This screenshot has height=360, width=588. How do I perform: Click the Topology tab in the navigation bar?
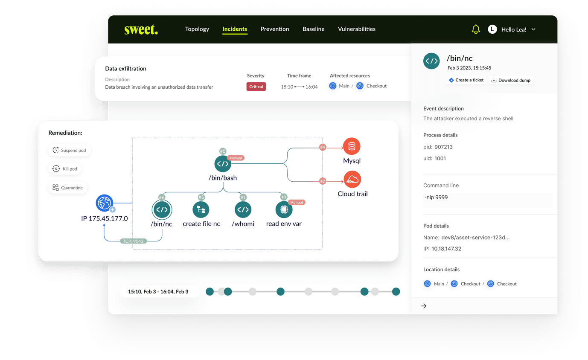coord(197,29)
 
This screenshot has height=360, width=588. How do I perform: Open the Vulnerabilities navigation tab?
coord(356,29)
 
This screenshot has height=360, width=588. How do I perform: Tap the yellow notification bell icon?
coord(476,29)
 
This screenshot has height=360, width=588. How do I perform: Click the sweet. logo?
coord(141,29)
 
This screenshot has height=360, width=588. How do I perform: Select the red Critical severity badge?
coord(256,87)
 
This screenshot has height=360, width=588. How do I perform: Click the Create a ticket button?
coord(466,80)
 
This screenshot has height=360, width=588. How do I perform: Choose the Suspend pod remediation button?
coord(69,150)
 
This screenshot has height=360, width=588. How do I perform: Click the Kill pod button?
coord(64,169)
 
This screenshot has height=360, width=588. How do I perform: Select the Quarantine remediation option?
coord(68,188)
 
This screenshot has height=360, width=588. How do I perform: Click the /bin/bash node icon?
coord(223,164)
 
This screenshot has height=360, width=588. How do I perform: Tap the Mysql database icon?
coord(352,146)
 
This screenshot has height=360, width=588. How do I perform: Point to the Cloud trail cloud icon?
coord(352,180)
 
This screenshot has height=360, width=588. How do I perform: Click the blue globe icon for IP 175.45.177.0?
coord(105,203)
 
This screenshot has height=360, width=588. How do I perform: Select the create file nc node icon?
coord(201,209)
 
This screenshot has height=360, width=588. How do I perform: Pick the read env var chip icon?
coord(284,209)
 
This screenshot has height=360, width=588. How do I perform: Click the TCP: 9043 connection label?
coord(134,241)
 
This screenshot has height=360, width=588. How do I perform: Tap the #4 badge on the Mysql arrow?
coord(323,147)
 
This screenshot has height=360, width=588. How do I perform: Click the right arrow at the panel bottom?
coord(424,306)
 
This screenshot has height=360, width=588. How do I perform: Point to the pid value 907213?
coord(443,147)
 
